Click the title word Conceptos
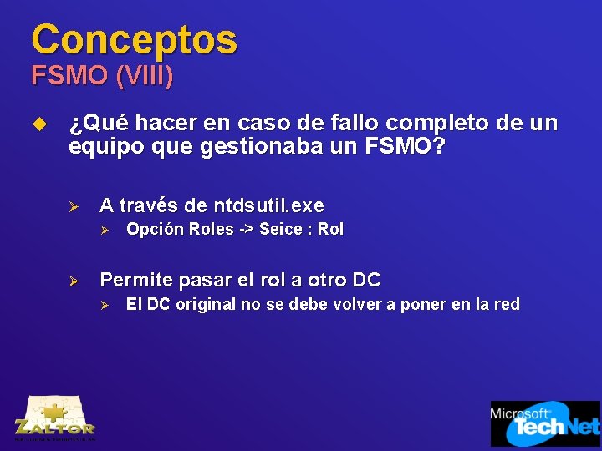tap(134, 38)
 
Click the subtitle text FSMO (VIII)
tap(103, 77)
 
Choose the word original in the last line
tap(205, 304)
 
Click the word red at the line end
tap(506, 304)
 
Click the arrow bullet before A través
tap(74, 206)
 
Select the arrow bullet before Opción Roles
tap(105, 230)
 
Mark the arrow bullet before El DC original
tap(105, 305)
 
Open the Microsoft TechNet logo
tap(544, 423)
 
